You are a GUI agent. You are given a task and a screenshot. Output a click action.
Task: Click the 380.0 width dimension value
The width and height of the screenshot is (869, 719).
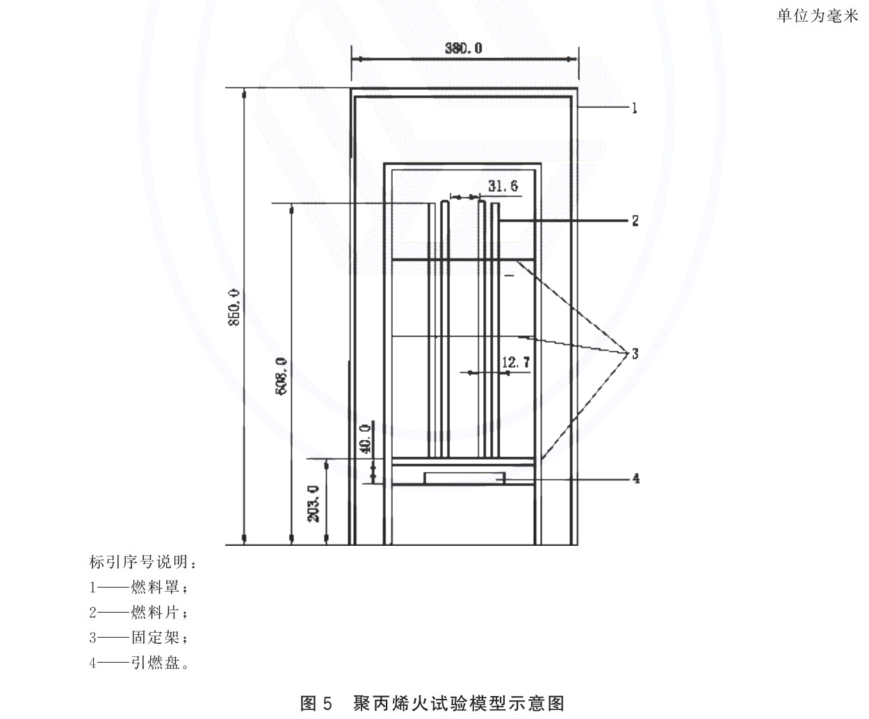tap(464, 48)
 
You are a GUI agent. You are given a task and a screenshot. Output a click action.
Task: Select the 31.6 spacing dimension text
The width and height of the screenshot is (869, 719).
tap(503, 186)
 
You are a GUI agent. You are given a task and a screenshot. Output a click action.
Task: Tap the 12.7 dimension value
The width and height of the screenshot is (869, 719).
tap(516, 362)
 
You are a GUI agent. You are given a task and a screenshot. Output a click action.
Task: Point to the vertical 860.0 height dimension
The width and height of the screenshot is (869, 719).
tap(234, 307)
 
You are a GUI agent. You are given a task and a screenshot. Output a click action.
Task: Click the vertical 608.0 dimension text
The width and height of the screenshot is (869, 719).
tap(282, 376)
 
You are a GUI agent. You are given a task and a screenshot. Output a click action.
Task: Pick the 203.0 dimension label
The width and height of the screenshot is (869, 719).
tap(314, 503)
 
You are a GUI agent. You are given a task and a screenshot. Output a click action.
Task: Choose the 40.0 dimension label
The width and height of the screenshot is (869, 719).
tap(365, 439)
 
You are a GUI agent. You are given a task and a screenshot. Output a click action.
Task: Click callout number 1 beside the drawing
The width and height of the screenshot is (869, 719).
tap(635, 108)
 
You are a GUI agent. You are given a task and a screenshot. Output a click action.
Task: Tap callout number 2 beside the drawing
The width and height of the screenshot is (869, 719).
tap(635, 220)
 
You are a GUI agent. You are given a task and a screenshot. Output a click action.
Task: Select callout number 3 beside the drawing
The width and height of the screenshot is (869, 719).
tap(635, 354)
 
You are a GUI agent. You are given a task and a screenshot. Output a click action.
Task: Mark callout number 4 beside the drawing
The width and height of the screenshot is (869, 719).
tap(636, 479)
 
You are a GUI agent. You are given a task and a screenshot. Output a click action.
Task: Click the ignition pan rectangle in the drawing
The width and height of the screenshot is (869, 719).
tap(464, 478)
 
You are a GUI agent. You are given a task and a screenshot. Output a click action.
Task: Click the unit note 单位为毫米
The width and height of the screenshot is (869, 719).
tap(818, 16)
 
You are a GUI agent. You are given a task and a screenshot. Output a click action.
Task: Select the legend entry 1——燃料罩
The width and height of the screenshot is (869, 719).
tap(139, 588)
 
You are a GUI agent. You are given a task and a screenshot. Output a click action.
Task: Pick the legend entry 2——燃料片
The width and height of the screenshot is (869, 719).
tap(139, 613)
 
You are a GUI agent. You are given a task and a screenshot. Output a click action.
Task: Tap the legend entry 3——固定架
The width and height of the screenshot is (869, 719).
tap(139, 638)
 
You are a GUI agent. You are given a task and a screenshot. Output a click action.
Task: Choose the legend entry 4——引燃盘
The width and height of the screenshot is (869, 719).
tap(139, 663)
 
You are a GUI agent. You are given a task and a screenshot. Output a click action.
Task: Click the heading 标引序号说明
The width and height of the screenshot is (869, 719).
tap(143, 563)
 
